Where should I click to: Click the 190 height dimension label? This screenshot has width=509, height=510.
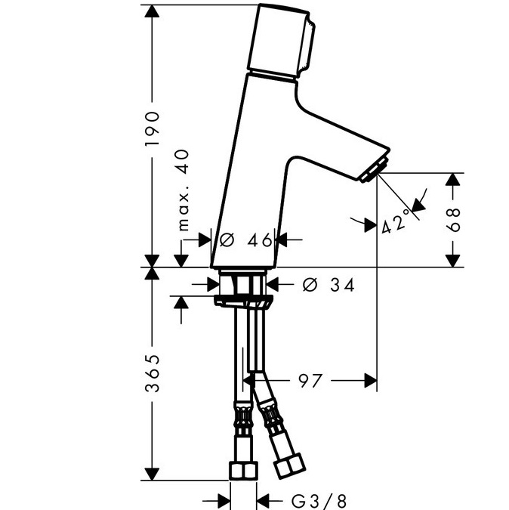click(x=152, y=128)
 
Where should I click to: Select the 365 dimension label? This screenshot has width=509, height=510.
click(x=152, y=373)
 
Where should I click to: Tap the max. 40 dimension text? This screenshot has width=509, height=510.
click(x=183, y=190)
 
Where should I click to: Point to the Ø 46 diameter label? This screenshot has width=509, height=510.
click(x=245, y=240)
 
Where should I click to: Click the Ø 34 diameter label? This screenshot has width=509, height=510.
click(x=329, y=285)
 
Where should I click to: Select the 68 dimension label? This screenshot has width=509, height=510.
click(x=453, y=220)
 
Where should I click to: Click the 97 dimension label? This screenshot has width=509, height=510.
click(x=310, y=381)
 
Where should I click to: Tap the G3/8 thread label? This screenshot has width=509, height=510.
click(x=319, y=501)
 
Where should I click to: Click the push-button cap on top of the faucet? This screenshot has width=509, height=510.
click(x=281, y=42)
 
